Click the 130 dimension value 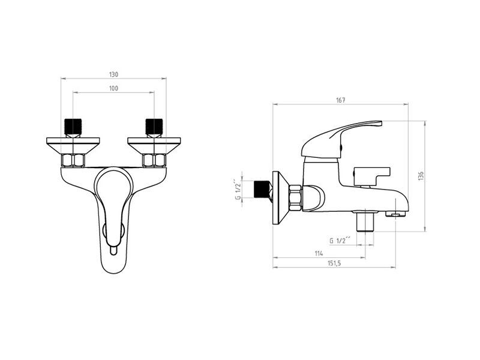[113, 74]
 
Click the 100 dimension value [113, 88]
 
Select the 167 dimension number [340, 100]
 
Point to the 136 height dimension [421, 176]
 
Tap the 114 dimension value [319, 253]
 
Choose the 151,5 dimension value [334, 263]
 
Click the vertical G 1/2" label [238, 190]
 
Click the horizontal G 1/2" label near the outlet [340, 241]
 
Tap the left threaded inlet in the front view [73, 127]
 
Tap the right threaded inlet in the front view [154, 127]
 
